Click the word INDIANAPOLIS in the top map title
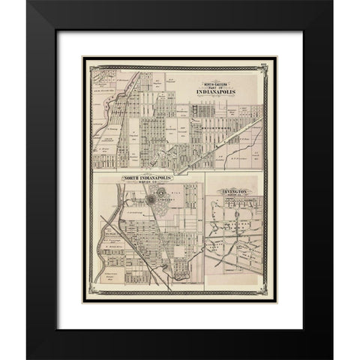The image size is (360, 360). coord(218,92)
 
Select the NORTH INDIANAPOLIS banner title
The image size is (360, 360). coord(147,178)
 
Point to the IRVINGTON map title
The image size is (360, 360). coord(235,192)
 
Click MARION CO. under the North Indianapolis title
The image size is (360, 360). coord(148,183)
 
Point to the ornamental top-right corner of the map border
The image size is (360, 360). coord(264,67)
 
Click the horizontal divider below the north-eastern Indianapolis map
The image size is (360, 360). coord(177,172)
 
